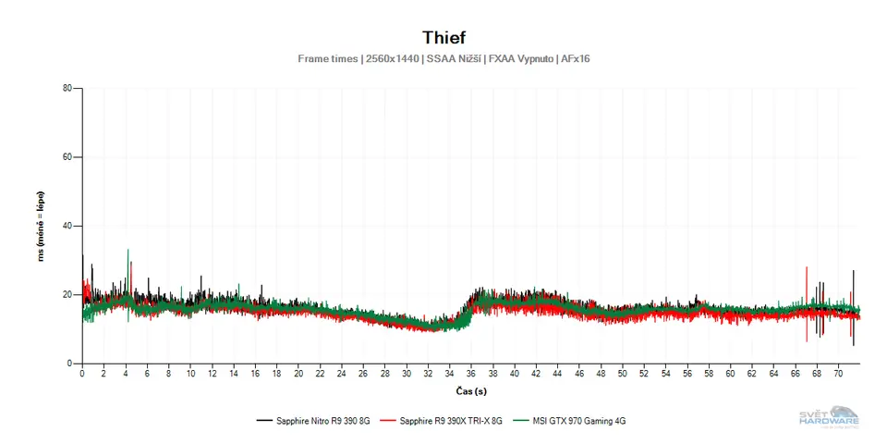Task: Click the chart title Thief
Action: (443, 37)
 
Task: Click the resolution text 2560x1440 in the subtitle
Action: (392, 59)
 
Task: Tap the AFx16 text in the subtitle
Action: (574, 59)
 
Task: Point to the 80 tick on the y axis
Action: (67, 89)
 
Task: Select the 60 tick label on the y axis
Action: (67, 157)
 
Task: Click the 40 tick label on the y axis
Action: (67, 226)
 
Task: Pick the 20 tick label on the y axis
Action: (67, 294)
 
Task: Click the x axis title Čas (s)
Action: (471, 391)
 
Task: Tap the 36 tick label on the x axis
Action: (471, 375)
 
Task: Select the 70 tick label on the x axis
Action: (839, 375)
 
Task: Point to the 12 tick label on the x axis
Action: (212, 375)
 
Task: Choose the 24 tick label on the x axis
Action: (342, 375)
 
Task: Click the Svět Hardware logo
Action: (829, 418)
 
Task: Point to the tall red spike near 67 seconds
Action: (807, 270)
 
